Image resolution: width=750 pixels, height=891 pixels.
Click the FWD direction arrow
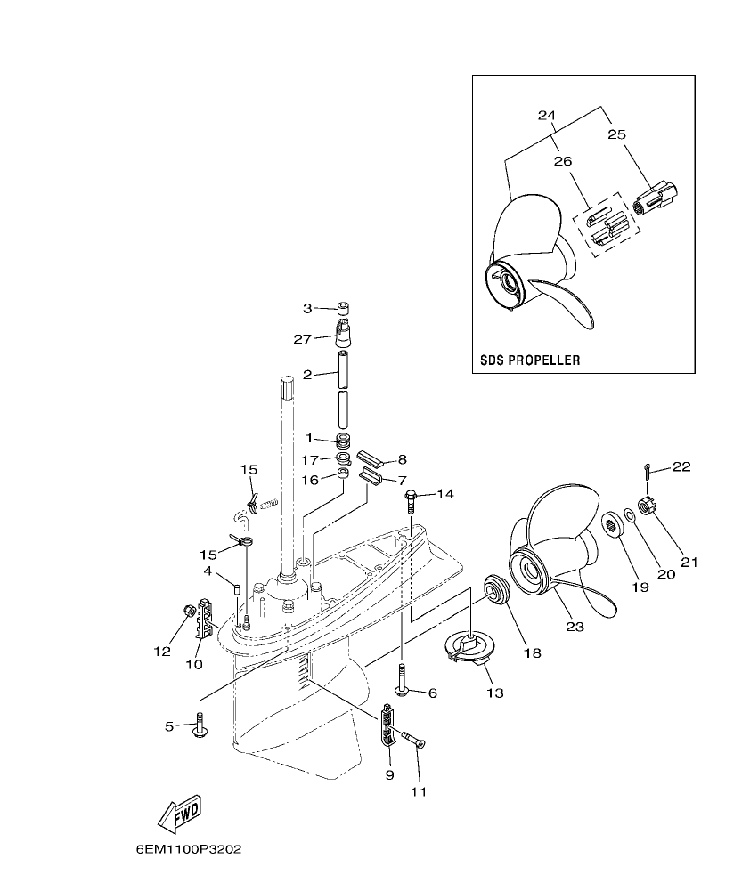coord(180,813)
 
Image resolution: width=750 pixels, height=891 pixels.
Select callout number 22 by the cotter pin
coord(681,466)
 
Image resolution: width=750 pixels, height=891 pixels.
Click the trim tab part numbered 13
coord(469,648)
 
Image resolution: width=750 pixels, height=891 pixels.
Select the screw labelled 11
coord(411,738)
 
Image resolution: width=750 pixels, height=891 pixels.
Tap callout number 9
coord(389,774)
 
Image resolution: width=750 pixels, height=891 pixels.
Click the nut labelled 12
coord(187,610)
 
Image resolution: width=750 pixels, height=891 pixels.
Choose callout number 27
coord(303,338)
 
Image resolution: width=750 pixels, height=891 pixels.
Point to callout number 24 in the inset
coord(546,116)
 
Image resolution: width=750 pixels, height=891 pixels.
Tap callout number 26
coord(563,161)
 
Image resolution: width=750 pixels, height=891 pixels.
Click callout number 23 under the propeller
coord(575,627)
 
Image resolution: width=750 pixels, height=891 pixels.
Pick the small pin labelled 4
coord(236,587)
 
